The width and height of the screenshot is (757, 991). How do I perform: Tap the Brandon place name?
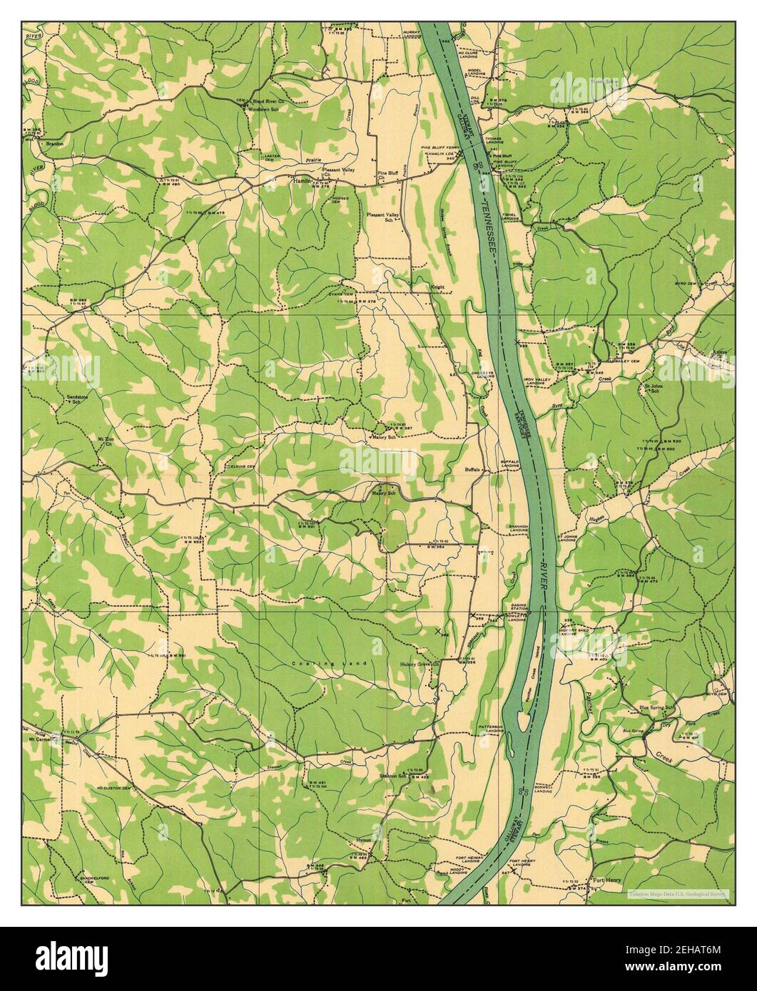click(54, 144)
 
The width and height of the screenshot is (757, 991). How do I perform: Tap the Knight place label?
click(437, 287)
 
